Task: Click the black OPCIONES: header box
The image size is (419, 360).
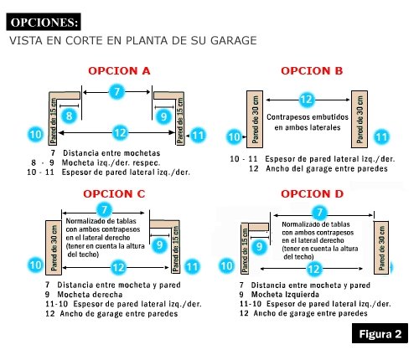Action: click(44, 22)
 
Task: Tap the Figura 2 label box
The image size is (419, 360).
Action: click(380, 333)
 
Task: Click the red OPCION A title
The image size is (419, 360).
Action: click(119, 71)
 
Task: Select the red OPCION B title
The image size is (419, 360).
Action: click(312, 71)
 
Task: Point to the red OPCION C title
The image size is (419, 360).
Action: click(114, 193)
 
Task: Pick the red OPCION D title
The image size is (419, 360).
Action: click(312, 193)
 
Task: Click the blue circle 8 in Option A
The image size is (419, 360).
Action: click(70, 116)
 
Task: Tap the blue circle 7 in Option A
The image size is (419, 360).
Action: click(116, 91)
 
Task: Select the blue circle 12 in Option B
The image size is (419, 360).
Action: click(307, 100)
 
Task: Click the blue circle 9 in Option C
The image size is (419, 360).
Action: click(159, 245)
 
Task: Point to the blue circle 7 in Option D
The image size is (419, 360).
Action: click(319, 213)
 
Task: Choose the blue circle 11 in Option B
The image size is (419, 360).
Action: click(381, 137)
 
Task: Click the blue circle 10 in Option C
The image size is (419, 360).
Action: click(35, 265)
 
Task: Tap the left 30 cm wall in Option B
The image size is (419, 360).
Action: click(255, 119)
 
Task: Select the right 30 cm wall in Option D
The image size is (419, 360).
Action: click(381, 248)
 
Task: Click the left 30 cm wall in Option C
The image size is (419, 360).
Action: click(54, 248)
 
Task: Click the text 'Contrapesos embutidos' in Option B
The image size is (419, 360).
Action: click(308, 117)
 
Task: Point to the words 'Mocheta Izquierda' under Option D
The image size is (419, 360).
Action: click(285, 295)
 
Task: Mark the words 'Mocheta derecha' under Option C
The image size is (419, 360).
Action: click(90, 295)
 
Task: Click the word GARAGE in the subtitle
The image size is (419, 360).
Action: click(233, 40)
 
